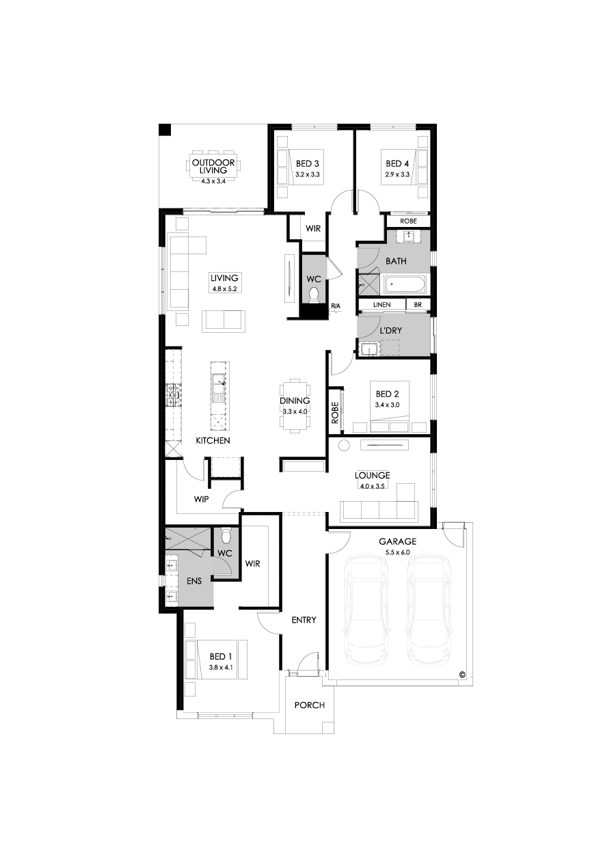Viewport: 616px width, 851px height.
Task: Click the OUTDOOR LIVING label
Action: click(x=213, y=167)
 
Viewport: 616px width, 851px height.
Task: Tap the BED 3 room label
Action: click(x=307, y=164)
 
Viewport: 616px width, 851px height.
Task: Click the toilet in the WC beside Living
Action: click(x=314, y=295)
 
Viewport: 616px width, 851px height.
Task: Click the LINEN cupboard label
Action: click(x=382, y=305)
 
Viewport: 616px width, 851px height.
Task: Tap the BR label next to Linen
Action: click(x=418, y=305)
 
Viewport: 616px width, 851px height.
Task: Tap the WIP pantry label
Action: click(x=201, y=500)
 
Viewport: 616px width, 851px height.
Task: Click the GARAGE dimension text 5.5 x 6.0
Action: click(x=399, y=550)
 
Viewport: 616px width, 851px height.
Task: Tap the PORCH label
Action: click(x=309, y=705)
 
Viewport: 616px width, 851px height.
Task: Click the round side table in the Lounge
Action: click(x=345, y=446)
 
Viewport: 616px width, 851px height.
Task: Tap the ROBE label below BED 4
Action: click(x=408, y=221)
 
